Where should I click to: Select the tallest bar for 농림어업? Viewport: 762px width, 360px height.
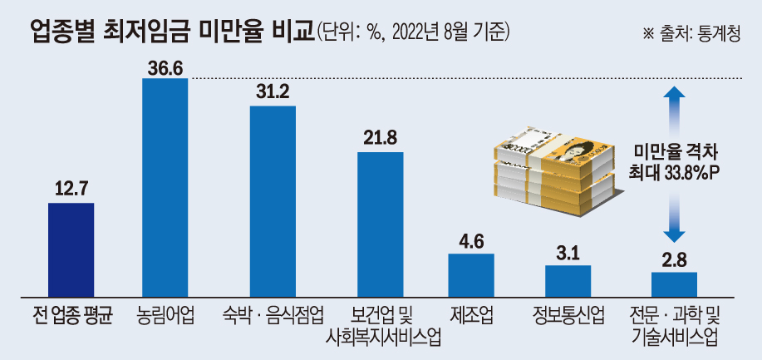tap(165, 187)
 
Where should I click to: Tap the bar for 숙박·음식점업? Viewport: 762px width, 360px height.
tap(273, 200)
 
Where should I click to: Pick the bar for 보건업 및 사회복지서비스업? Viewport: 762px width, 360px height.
tap(380, 224)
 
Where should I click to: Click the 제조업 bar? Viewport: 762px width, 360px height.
tap(471, 274)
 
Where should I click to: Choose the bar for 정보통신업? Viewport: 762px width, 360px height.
tap(568, 280)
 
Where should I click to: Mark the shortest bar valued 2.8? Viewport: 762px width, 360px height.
tap(674, 283)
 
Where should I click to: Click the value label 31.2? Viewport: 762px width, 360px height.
tap(273, 92)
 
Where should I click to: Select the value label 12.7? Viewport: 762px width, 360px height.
tap(71, 189)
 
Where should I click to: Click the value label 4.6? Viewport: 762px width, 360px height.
tap(471, 240)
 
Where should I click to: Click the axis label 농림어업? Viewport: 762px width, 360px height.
tap(165, 316)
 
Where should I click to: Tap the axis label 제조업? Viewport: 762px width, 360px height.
tap(471, 316)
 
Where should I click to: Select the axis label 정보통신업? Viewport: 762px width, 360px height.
tap(568, 316)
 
